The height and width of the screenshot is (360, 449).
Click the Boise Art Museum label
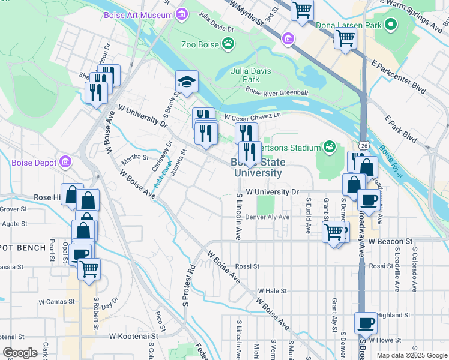(138, 14)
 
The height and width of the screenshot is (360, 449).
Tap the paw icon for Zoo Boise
(228, 43)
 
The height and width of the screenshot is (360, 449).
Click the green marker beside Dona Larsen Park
(391, 26)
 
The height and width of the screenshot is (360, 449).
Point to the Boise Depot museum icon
(65, 163)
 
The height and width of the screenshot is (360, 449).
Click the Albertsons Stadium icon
(328, 146)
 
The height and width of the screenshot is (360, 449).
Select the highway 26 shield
(364, 145)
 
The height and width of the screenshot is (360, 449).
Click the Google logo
(20, 353)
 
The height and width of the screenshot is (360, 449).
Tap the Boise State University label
(257, 167)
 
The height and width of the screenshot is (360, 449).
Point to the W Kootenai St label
(137, 337)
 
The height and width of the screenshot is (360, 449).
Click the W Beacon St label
(391, 241)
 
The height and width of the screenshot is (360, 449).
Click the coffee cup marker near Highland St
(365, 323)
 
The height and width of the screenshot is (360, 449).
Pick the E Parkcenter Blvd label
(398, 76)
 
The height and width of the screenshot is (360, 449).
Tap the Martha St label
(135, 158)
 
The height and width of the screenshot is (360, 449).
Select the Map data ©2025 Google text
(411, 355)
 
